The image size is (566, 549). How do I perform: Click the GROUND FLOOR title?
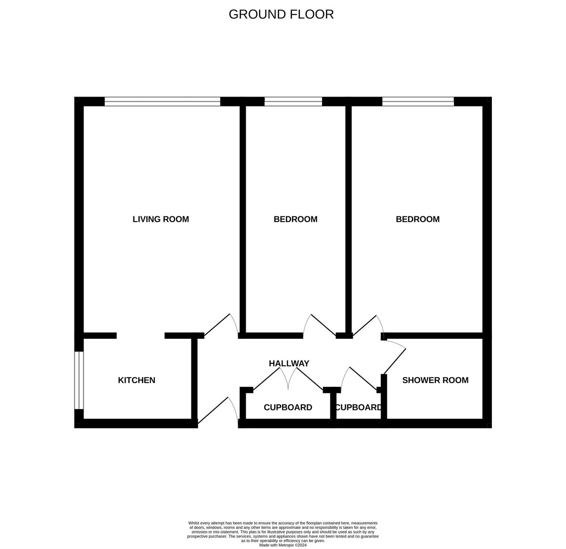(281, 14)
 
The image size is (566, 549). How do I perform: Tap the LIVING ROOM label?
(161, 219)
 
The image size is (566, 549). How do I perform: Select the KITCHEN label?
(136, 380)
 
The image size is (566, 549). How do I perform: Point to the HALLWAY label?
(289, 363)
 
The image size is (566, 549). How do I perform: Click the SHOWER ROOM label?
(435, 380)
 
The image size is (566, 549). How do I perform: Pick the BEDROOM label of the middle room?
(296, 219)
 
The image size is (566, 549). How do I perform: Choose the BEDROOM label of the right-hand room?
(417, 219)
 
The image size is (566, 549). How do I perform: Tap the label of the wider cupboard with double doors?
(288, 408)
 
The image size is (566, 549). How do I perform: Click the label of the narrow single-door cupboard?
(358, 408)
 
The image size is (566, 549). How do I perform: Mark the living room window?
(162, 101)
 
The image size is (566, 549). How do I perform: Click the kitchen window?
(79, 380)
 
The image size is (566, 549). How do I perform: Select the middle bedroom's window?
(293, 101)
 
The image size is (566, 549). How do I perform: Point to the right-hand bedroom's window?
(418, 101)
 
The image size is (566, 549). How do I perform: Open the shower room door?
(394, 360)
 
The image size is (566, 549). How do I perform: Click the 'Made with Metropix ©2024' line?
(283, 545)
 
